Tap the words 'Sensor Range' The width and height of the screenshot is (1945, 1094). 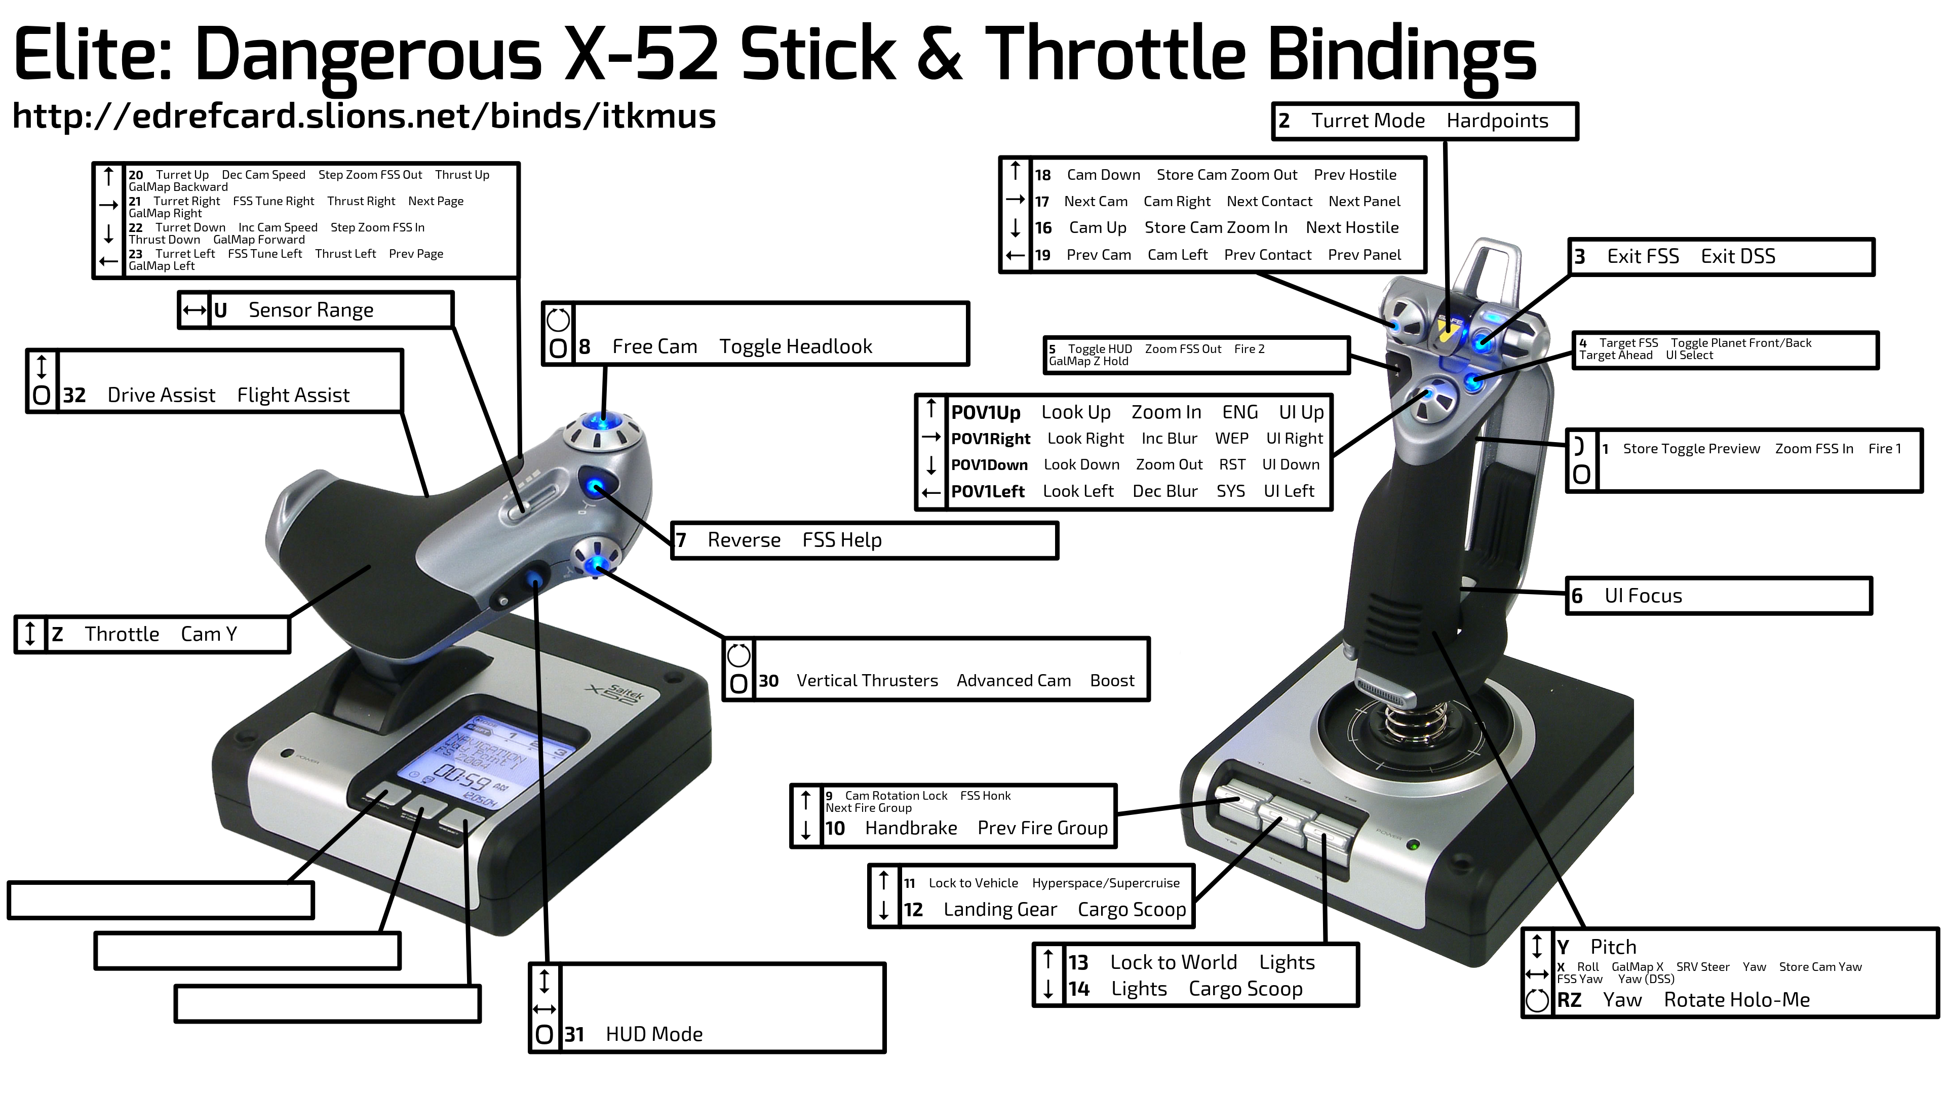pos(311,310)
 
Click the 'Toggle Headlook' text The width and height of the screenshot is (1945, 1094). pos(795,346)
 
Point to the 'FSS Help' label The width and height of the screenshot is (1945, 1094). pos(842,540)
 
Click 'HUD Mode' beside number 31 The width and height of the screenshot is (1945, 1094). pos(654,1034)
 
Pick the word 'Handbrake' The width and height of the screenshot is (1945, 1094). pos(911,828)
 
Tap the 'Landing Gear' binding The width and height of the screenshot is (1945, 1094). pos(1000,910)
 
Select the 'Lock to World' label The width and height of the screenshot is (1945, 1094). pos(1174,963)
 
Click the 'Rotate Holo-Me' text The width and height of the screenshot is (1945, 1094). pos(1737,1000)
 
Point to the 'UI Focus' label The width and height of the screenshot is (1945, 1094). pos(1643,596)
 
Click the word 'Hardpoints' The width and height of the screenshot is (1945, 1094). pos(1497,121)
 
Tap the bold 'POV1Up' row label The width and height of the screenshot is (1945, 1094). pos(985,413)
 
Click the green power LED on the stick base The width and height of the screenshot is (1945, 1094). pos(1413,845)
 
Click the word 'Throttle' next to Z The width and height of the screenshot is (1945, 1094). pos(122,634)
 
